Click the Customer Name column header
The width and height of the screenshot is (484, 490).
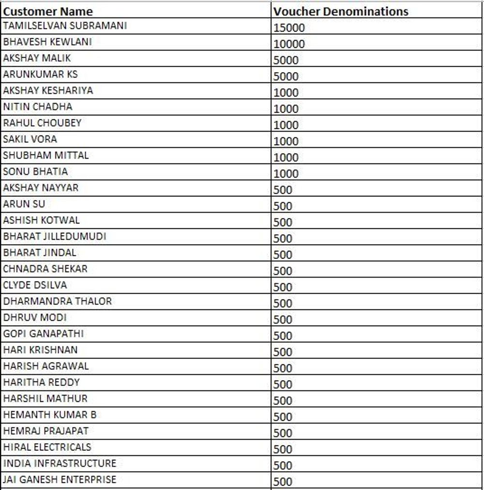click(48, 11)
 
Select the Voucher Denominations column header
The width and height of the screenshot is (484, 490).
click(341, 11)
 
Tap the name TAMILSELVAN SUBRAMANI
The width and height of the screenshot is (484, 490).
click(65, 26)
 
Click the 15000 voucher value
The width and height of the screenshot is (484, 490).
click(289, 28)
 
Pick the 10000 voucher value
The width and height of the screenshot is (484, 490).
click(289, 44)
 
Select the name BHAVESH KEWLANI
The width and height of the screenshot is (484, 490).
click(47, 42)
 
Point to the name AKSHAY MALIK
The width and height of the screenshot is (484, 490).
click(37, 58)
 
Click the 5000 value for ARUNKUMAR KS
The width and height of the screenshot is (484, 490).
click(286, 76)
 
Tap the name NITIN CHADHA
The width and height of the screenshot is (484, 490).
click(37, 106)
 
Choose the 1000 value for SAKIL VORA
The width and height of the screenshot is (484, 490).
click(286, 141)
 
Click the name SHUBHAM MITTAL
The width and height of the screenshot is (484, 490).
click(45, 155)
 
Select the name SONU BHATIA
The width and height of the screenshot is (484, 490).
click(35, 171)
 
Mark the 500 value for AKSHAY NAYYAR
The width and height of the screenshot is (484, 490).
click(283, 190)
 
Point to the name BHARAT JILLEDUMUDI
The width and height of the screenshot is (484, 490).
click(54, 236)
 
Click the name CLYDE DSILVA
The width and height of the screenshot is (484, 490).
click(35, 285)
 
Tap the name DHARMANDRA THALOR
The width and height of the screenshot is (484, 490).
click(57, 301)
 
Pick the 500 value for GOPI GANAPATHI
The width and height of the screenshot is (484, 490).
click(283, 336)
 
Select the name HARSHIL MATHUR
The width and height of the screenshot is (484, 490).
click(45, 399)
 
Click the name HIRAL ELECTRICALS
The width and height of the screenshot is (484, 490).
click(47, 447)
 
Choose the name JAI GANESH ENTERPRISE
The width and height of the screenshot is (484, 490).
click(60, 479)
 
